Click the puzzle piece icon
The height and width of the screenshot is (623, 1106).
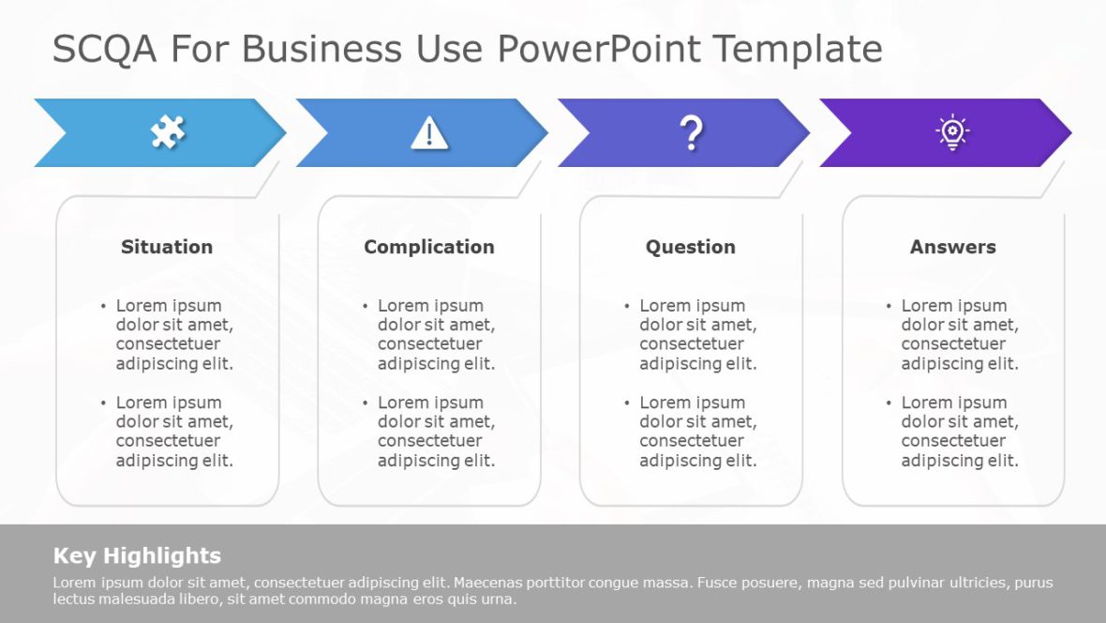(168, 132)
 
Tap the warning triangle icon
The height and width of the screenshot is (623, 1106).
(429, 133)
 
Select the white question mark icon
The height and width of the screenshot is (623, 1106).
(691, 133)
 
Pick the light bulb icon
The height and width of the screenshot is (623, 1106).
(952, 132)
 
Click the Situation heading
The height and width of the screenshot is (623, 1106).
(167, 247)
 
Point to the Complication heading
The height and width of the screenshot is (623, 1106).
(429, 247)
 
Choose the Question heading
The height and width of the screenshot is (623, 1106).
(691, 247)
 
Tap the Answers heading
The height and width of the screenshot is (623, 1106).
(952, 247)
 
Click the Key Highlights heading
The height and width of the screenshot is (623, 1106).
(137, 555)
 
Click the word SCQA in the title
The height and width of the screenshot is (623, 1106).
(105, 49)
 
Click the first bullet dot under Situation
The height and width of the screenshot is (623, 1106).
(104, 306)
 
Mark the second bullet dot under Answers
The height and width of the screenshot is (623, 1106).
(889, 403)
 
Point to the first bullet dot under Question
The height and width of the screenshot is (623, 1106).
(628, 306)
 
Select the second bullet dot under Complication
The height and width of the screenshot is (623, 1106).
(366, 403)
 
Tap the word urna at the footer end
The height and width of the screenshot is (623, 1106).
(496, 600)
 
